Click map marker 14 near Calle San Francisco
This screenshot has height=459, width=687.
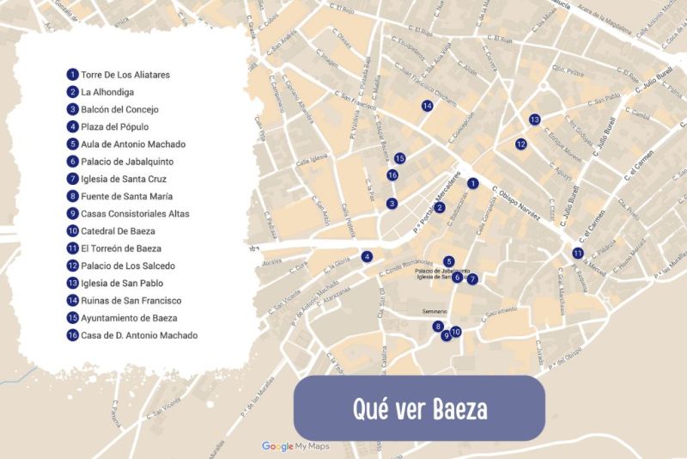click(x=427, y=106)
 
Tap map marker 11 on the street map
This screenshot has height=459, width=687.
click(x=578, y=253)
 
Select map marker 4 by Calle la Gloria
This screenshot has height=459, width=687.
click(x=367, y=256)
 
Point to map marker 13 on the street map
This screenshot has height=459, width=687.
click(x=534, y=119)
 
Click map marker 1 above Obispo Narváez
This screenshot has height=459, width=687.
click(x=471, y=183)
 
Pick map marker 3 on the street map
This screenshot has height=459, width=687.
click(x=392, y=204)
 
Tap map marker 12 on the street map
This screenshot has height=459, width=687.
click(x=520, y=144)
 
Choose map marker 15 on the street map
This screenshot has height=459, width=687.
click(x=399, y=158)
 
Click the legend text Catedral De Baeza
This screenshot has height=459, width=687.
click(x=119, y=231)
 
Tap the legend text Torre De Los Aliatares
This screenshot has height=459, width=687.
click(x=125, y=75)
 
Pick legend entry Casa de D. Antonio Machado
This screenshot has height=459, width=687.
click(x=139, y=335)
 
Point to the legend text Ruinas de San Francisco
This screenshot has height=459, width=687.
click(x=131, y=301)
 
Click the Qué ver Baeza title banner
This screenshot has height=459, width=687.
click(x=419, y=407)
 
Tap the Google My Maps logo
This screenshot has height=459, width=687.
click(x=295, y=446)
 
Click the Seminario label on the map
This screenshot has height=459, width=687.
click(x=436, y=311)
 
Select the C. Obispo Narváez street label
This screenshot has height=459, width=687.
click(x=516, y=204)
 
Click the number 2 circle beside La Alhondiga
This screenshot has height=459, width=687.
click(x=73, y=92)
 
